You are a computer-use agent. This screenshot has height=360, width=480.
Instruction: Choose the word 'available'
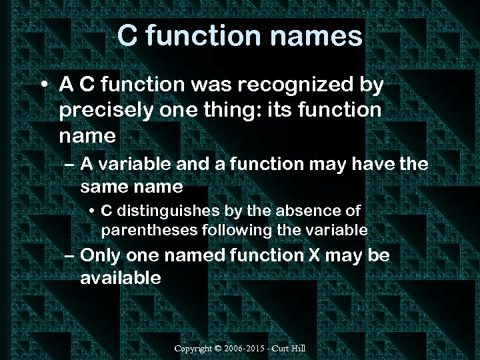(121, 278)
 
